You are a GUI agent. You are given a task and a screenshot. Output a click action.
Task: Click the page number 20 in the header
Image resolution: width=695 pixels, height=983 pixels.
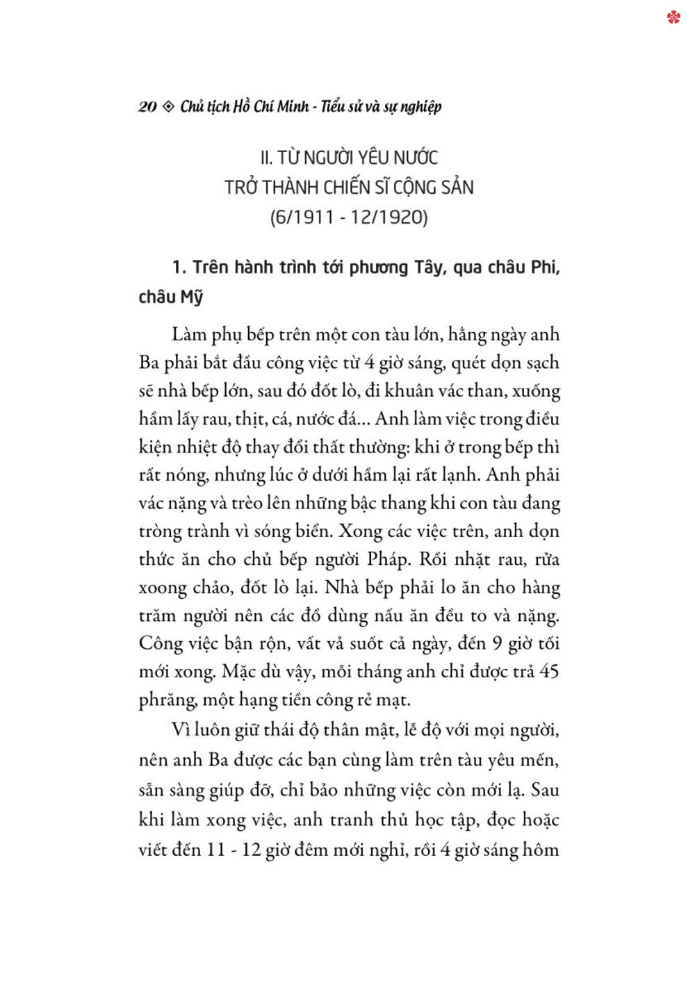tap(147, 107)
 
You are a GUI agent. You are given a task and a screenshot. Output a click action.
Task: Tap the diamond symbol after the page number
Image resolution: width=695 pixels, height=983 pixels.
tap(168, 107)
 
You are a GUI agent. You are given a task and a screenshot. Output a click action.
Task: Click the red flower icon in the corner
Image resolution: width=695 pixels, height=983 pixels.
tap(673, 17)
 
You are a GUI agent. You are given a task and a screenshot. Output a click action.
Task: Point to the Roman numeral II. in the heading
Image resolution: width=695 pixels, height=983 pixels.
tap(266, 158)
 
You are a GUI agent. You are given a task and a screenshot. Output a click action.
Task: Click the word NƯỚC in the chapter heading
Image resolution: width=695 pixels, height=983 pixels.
tap(416, 158)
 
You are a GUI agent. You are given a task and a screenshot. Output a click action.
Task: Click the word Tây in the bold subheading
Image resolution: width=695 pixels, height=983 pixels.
tap(428, 268)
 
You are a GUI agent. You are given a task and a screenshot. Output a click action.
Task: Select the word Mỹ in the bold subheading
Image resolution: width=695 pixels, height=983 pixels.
tap(192, 298)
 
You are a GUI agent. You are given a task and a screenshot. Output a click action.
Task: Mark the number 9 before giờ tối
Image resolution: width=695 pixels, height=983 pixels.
tap(497, 644)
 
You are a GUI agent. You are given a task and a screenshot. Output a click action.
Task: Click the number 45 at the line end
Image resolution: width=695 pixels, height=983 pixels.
tap(549, 672)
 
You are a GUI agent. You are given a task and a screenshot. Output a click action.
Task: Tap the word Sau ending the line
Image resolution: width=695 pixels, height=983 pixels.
tap(544, 791)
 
